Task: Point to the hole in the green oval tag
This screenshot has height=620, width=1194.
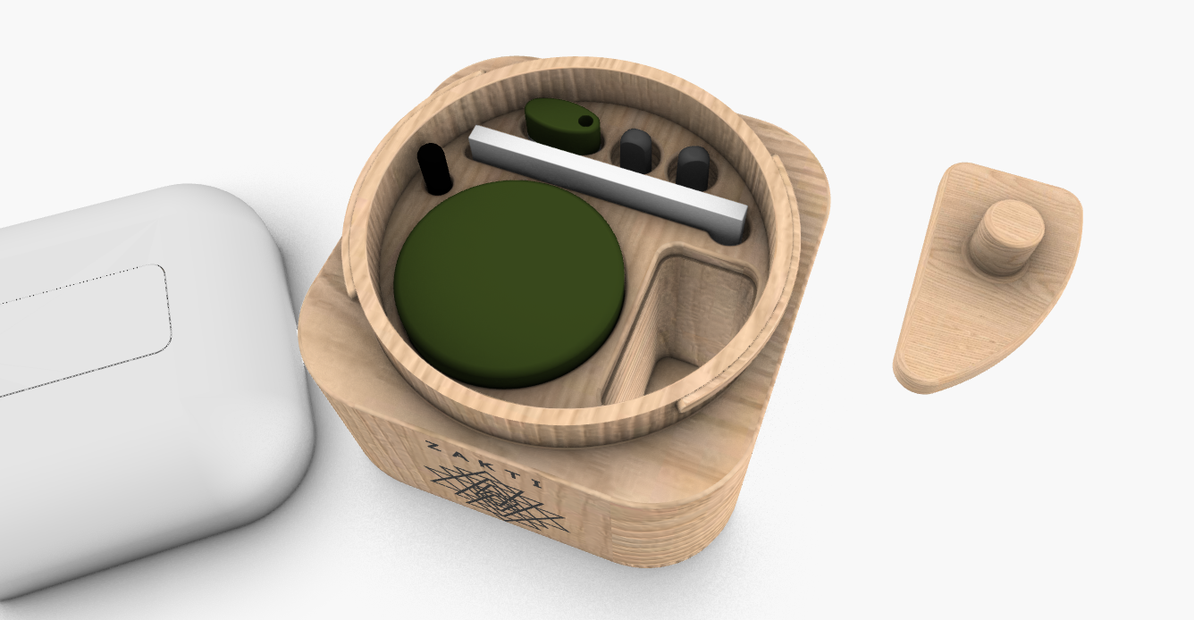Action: pyautogui.click(x=585, y=121)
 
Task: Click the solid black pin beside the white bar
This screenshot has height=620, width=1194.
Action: pyautogui.click(x=434, y=168)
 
